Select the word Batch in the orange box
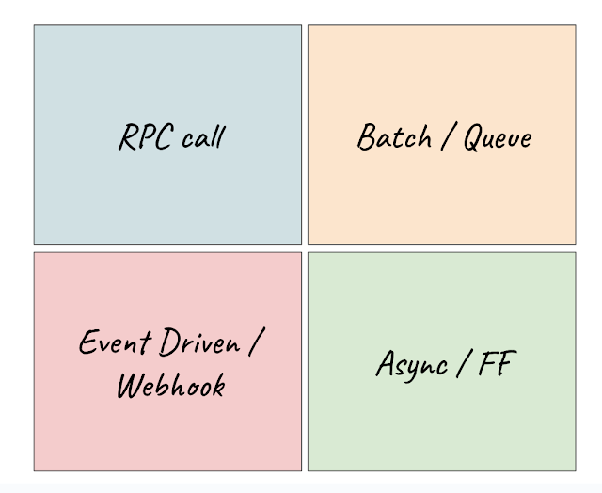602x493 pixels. coord(394,137)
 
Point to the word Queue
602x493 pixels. coord(498,137)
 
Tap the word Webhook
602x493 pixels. coord(170,384)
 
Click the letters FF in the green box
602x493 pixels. coord(496,363)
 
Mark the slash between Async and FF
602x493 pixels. coord(459,363)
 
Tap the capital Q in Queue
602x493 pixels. coord(473,137)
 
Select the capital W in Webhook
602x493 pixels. coord(132,384)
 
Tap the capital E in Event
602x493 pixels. coord(88,342)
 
